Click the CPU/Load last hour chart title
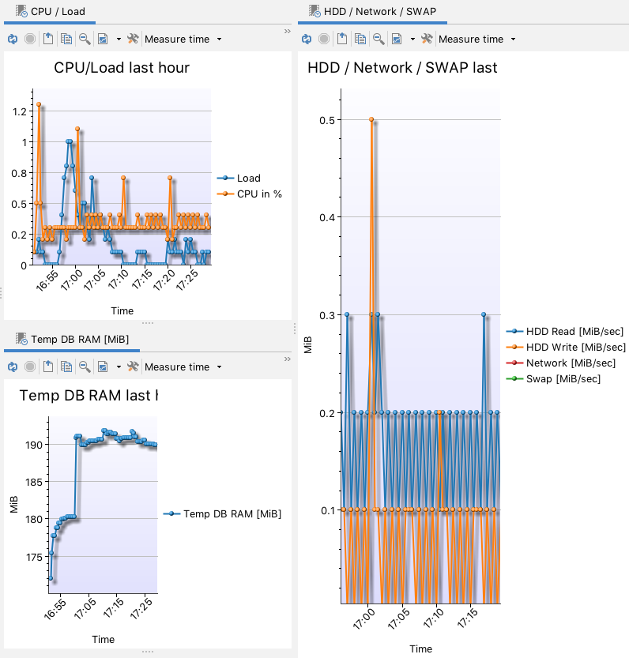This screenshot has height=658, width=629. pyautogui.click(x=122, y=68)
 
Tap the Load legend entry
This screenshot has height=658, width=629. pyautogui.click(x=248, y=179)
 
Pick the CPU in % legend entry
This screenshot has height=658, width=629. pyautogui.click(x=259, y=194)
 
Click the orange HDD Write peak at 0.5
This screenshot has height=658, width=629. pyautogui.click(x=371, y=120)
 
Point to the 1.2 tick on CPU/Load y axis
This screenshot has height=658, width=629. pyautogui.click(x=19, y=111)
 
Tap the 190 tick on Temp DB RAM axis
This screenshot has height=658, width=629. pyautogui.click(x=34, y=445)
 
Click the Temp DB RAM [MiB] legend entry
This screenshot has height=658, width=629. pyautogui.click(x=232, y=514)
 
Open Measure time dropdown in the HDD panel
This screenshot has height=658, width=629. pyautogui.click(x=476, y=39)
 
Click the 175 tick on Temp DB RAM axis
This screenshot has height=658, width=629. pyautogui.click(x=34, y=557)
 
